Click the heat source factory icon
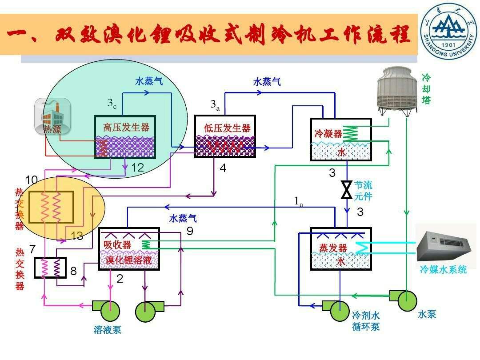52,116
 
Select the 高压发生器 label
126,127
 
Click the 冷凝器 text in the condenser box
328,133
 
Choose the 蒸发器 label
332,248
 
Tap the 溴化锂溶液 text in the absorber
128,260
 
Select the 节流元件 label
363,190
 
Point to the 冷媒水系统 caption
443,269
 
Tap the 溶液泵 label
107,330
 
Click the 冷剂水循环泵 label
366,321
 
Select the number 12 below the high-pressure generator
138,168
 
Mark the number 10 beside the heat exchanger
32,180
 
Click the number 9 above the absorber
190,231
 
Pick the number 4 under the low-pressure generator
223,168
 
